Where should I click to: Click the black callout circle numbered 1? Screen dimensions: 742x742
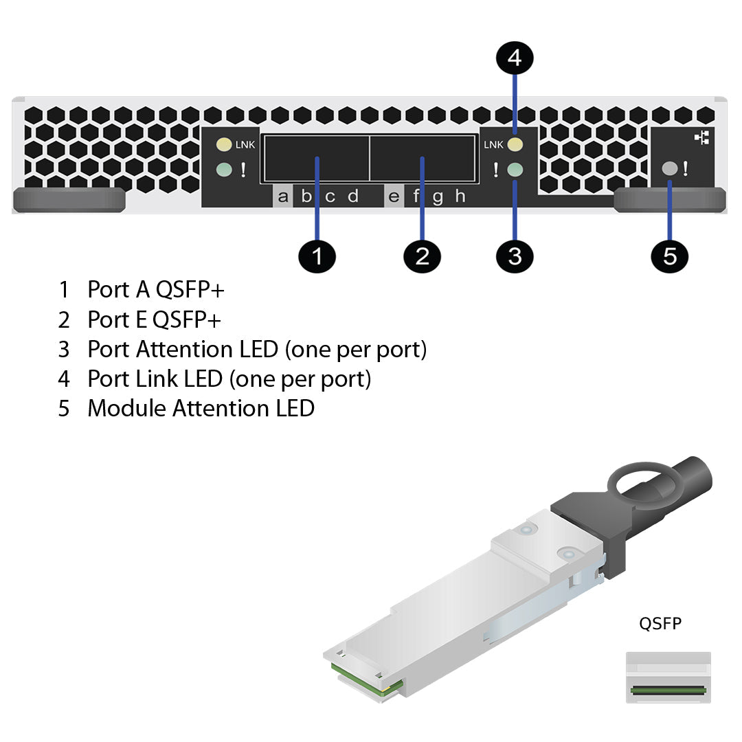pos(317,256)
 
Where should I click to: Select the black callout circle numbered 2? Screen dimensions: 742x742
pos(422,256)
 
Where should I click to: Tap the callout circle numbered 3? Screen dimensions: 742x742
pos(515,256)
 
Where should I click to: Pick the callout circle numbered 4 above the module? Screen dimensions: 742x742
pos(515,58)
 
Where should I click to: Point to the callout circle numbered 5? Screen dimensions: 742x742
pos(670,256)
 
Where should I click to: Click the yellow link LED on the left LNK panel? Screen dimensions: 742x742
pos(223,145)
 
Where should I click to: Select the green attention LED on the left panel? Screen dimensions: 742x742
pos(223,169)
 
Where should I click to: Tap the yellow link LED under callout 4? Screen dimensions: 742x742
pos(515,144)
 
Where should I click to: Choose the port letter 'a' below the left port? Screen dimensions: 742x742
pos(283,196)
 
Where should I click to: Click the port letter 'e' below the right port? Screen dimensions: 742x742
pos(394,196)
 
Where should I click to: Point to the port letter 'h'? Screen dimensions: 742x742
pos(460,196)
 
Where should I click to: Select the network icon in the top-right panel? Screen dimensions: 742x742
pos(701,138)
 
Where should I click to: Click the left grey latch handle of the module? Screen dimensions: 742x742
pos(69,200)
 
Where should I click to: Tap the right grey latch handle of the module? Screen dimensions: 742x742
pos(670,200)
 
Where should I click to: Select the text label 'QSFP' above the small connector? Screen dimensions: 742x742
pos(660,624)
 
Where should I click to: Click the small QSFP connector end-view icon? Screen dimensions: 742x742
pos(668,677)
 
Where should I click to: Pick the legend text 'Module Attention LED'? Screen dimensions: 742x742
pos(201,408)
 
